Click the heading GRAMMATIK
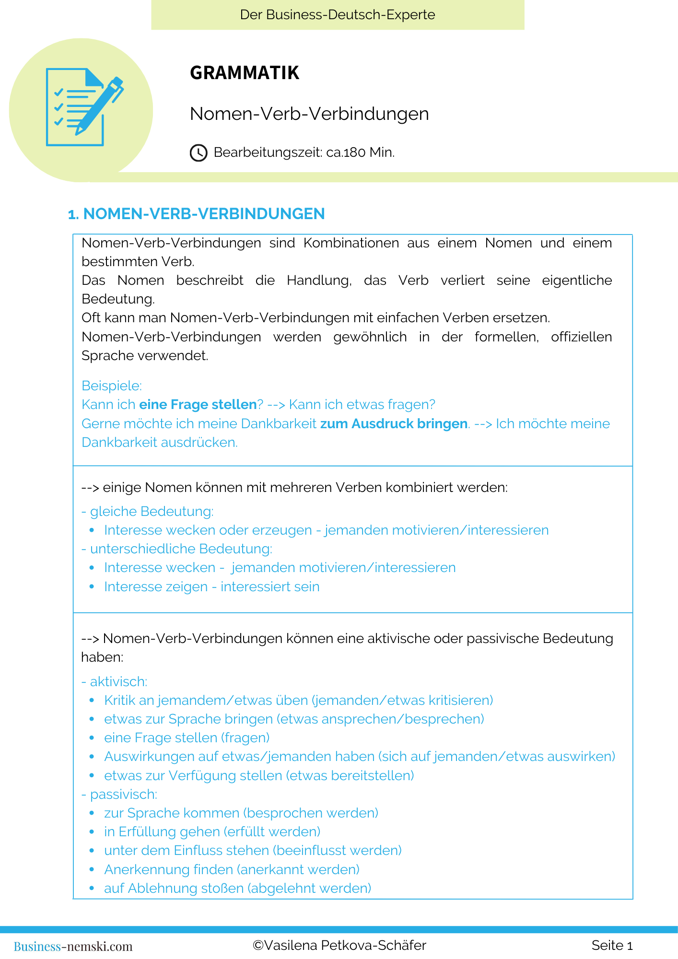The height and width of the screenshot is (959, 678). coord(245,73)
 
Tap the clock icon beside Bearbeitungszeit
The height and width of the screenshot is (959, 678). coord(199,153)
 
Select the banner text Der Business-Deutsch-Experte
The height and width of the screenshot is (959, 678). coord(338,15)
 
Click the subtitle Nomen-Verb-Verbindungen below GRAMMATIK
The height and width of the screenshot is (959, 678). coord(309,114)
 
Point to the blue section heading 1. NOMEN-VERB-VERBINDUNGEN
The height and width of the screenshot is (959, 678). coord(197,214)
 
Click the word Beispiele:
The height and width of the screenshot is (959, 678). coord(112,386)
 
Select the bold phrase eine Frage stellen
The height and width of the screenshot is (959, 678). coord(198,405)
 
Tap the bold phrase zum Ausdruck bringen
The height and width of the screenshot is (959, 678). coord(394,424)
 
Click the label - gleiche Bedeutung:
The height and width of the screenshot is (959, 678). coord(148,512)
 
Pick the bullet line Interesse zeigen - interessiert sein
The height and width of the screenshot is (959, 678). coord(211,587)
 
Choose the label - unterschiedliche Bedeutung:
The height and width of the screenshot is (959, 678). coord(177,549)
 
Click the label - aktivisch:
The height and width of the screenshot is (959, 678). coord(115,681)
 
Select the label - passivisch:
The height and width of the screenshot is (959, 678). coord(119,795)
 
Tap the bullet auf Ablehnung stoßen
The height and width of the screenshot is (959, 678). coord(237,889)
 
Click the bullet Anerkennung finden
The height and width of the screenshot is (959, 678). coord(232,869)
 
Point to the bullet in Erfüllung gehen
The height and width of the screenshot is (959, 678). coord(212,832)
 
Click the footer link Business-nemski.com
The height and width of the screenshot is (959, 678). coord(73,946)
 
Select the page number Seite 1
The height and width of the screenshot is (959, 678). coord(612,946)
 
